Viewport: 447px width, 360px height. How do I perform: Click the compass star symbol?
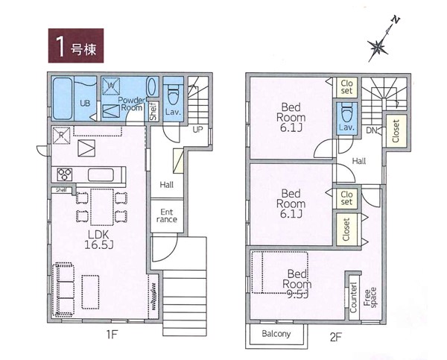(378, 47)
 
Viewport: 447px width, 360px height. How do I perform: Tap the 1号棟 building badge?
(76, 45)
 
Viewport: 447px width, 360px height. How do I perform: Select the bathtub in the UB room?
(62, 98)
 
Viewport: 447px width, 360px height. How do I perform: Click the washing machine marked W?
(111, 86)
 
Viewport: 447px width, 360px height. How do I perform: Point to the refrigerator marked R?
(61, 135)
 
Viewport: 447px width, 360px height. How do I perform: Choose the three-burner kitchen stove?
(65, 174)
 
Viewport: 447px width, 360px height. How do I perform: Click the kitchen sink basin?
(101, 175)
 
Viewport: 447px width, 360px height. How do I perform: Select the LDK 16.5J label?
(98, 240)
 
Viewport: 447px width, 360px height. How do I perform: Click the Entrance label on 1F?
(166, 216)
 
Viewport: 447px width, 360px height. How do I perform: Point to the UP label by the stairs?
(197, 130)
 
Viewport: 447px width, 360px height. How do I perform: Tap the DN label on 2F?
(372, 130)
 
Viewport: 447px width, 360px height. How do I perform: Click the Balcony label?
(276, 334)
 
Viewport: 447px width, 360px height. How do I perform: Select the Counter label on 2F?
(353, 297)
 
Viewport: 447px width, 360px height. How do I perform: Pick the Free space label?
(370, 297)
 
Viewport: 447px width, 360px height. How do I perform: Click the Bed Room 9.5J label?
(297, 284)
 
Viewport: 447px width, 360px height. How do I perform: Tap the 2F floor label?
(335, 338)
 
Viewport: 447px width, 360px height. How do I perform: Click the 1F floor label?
(112, 335)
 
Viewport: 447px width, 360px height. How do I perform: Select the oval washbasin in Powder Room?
(151, 87)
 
